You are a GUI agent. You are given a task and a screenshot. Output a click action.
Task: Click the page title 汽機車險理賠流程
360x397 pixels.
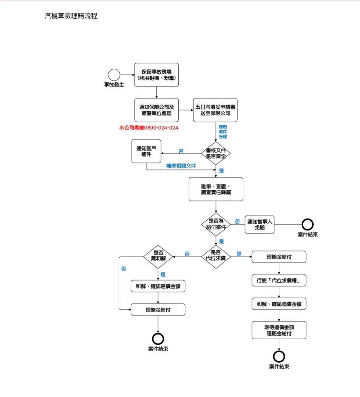(x=71, y=16)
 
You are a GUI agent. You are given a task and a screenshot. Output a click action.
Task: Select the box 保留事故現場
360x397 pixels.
(x=156, y=75)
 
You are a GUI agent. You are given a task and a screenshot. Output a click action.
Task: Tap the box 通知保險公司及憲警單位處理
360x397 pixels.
(x=156, y=110)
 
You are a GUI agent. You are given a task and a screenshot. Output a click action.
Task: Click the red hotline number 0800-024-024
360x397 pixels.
(x=161, y=128)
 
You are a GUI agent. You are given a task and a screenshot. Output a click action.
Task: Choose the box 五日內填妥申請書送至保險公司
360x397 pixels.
(x=215, y=110)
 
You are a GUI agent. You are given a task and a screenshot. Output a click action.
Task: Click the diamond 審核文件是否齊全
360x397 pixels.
(x=216, y=153)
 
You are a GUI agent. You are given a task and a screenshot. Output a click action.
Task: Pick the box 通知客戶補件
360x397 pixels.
(x=146, y=151)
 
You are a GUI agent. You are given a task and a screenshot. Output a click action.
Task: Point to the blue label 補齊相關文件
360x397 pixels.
(x=181, y=166)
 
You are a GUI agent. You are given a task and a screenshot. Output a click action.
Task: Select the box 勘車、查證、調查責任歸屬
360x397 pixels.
(x=216, y=189)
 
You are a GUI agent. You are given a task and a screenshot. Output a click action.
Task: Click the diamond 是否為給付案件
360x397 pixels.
(x=216, y=224)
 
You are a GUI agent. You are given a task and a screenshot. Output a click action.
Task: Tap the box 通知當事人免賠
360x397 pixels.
(x=260, y=225)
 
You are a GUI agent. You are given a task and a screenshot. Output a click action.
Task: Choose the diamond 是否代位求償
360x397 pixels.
(x=216, y=257)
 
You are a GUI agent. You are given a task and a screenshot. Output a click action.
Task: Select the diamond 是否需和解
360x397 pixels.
(x=158, y=257)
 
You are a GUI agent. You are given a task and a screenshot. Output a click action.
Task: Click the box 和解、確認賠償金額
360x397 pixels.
(x=158, y=286)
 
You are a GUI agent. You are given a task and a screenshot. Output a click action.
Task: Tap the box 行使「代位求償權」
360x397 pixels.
(x=279, y=280)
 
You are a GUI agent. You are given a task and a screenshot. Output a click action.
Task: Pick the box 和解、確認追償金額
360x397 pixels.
(x=279, y=304)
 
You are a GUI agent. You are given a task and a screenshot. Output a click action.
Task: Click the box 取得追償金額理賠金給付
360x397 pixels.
(x=279, y=330)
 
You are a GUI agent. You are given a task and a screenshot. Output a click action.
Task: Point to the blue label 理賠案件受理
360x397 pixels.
(x=223, y=132)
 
